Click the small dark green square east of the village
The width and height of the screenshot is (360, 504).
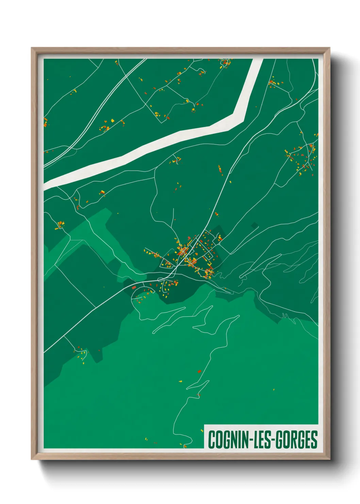[x=254, y=225]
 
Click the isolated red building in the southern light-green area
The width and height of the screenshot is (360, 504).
[x=199, y=371]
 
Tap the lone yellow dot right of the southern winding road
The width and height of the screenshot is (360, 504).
[x=274, y=390]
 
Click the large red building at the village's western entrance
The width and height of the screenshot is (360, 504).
[x=134, y=288]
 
